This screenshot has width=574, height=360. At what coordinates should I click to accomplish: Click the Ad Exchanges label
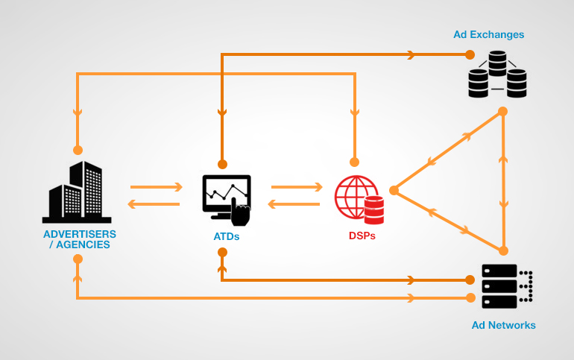pos(488,34)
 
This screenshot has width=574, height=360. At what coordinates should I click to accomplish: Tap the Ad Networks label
pos(503,325)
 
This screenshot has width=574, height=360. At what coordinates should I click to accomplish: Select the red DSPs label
pos(362,236)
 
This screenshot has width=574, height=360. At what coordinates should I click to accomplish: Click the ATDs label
pos(226,236)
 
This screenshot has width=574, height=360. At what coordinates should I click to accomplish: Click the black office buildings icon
pos(76,193)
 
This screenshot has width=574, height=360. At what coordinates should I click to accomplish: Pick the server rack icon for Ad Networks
pos(507,286)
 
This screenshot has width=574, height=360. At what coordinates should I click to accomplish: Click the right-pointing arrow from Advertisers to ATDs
pos(157,187)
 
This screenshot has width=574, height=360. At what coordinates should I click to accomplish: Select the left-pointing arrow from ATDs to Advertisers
pos(154,204)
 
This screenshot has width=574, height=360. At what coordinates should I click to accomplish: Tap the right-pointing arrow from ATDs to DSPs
pos(297,187)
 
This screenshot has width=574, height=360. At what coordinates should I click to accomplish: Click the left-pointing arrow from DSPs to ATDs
pos(294,204)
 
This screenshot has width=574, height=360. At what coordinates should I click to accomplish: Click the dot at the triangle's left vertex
pos(394,190)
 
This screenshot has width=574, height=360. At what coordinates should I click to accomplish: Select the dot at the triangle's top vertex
pos(503,111)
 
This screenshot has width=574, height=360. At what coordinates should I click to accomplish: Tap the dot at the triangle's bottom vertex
pos(503,250)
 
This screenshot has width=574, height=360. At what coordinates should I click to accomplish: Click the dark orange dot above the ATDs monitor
pos(221,164)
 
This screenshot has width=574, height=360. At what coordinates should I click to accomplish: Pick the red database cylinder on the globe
pos(374,210)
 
